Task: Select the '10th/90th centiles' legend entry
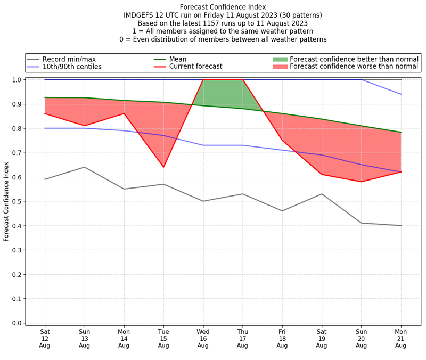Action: tap(72, 67)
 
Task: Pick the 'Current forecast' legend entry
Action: tap(195, 67)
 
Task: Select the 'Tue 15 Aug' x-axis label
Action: tap(163, 338)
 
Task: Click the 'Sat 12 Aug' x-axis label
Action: tap(45, 338)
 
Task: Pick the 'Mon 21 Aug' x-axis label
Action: tap(401, 338)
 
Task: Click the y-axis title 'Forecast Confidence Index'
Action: tap(6, 201)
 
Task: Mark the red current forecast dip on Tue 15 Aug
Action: tap(163, 167)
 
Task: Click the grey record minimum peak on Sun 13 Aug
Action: tap(84, 167)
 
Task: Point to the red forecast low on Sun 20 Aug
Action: tap(362, 182)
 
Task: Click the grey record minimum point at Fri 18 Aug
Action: tap(282, 211)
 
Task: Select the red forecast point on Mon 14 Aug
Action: tap(124, 113)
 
